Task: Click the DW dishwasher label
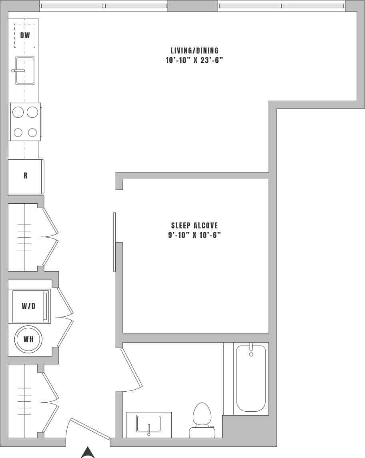[25, 36]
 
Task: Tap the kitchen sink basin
[25, 71]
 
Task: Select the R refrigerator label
[26, 176]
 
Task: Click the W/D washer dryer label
[28, 306]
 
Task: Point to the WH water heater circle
[28, 339]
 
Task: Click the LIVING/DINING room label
[195, 51]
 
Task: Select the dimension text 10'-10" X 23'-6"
[195, 60]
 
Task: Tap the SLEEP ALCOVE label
[195, 226]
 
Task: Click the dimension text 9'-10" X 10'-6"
[195, 235]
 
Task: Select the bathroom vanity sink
[149, 424]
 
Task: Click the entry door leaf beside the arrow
[90, 429]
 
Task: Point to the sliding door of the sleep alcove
[114, 242]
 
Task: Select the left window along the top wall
[104, 6]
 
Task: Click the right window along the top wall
[282, 6]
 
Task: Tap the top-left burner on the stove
[18, 113]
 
